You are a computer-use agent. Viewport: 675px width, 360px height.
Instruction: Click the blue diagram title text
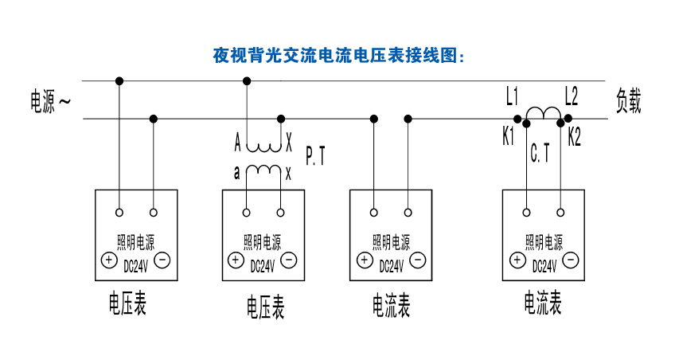(339, 56)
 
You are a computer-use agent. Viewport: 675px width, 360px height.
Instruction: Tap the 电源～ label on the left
(50, 102)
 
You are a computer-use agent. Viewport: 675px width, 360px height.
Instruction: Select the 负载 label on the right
(628, 101)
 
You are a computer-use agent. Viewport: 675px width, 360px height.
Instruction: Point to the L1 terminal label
(512, 96)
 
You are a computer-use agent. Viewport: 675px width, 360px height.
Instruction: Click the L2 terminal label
(571, 96)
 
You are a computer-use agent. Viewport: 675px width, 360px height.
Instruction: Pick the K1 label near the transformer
(508, 136)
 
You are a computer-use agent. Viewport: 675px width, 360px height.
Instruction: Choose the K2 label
(574, 136)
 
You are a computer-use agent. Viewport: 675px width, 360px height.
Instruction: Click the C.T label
(540, 153)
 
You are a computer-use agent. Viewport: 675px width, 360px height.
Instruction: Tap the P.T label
(315, 155)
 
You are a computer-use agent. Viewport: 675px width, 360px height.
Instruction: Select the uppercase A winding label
(237, 143)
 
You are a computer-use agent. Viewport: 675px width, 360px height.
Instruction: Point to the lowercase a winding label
(236, 173)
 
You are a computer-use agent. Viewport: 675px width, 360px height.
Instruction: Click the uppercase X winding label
(289, 143)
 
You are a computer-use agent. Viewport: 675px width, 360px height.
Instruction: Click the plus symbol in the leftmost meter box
(109, 260)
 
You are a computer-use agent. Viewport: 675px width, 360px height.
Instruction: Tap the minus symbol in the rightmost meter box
(571, 260)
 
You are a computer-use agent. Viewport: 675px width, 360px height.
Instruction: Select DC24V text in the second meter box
(262, 267)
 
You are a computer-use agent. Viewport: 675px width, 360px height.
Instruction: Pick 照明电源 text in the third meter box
(391, 242)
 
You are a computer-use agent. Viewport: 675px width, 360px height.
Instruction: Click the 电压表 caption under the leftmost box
(127, 303)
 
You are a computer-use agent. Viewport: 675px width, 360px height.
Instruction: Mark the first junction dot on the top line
(119, 81)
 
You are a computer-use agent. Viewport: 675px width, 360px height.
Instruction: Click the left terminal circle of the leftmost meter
(119, 213)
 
